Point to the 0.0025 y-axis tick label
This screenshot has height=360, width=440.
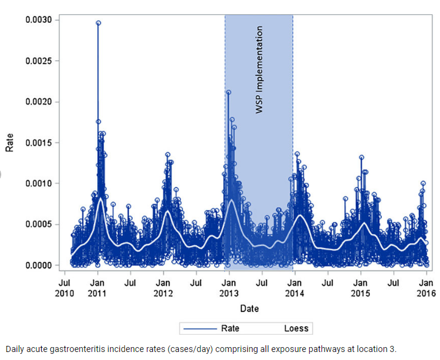(x=38, y=61)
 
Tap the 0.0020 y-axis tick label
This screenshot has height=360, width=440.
(x=38, y=102)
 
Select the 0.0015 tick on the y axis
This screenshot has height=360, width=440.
(x=38, y=143)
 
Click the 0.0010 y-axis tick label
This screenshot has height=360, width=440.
(x=38, y=183)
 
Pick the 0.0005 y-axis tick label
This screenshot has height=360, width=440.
(x=38, y=224)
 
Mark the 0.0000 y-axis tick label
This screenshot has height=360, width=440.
(x=38, y=265)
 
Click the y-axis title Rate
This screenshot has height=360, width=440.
(x=9, y=143)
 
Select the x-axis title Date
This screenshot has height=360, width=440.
(x=249, y=308)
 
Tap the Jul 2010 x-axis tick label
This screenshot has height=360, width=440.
(x=64, y=288)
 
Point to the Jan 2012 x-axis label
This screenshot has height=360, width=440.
(x=163, y=288)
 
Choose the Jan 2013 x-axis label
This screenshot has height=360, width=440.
(x=229, y=288)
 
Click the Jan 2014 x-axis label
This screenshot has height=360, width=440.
(x=294, y=288)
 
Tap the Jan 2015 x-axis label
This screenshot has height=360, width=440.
(x=360, y=288)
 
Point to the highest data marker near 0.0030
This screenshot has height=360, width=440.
(x=98, y=23)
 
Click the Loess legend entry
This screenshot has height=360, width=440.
(x=296, y=328)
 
